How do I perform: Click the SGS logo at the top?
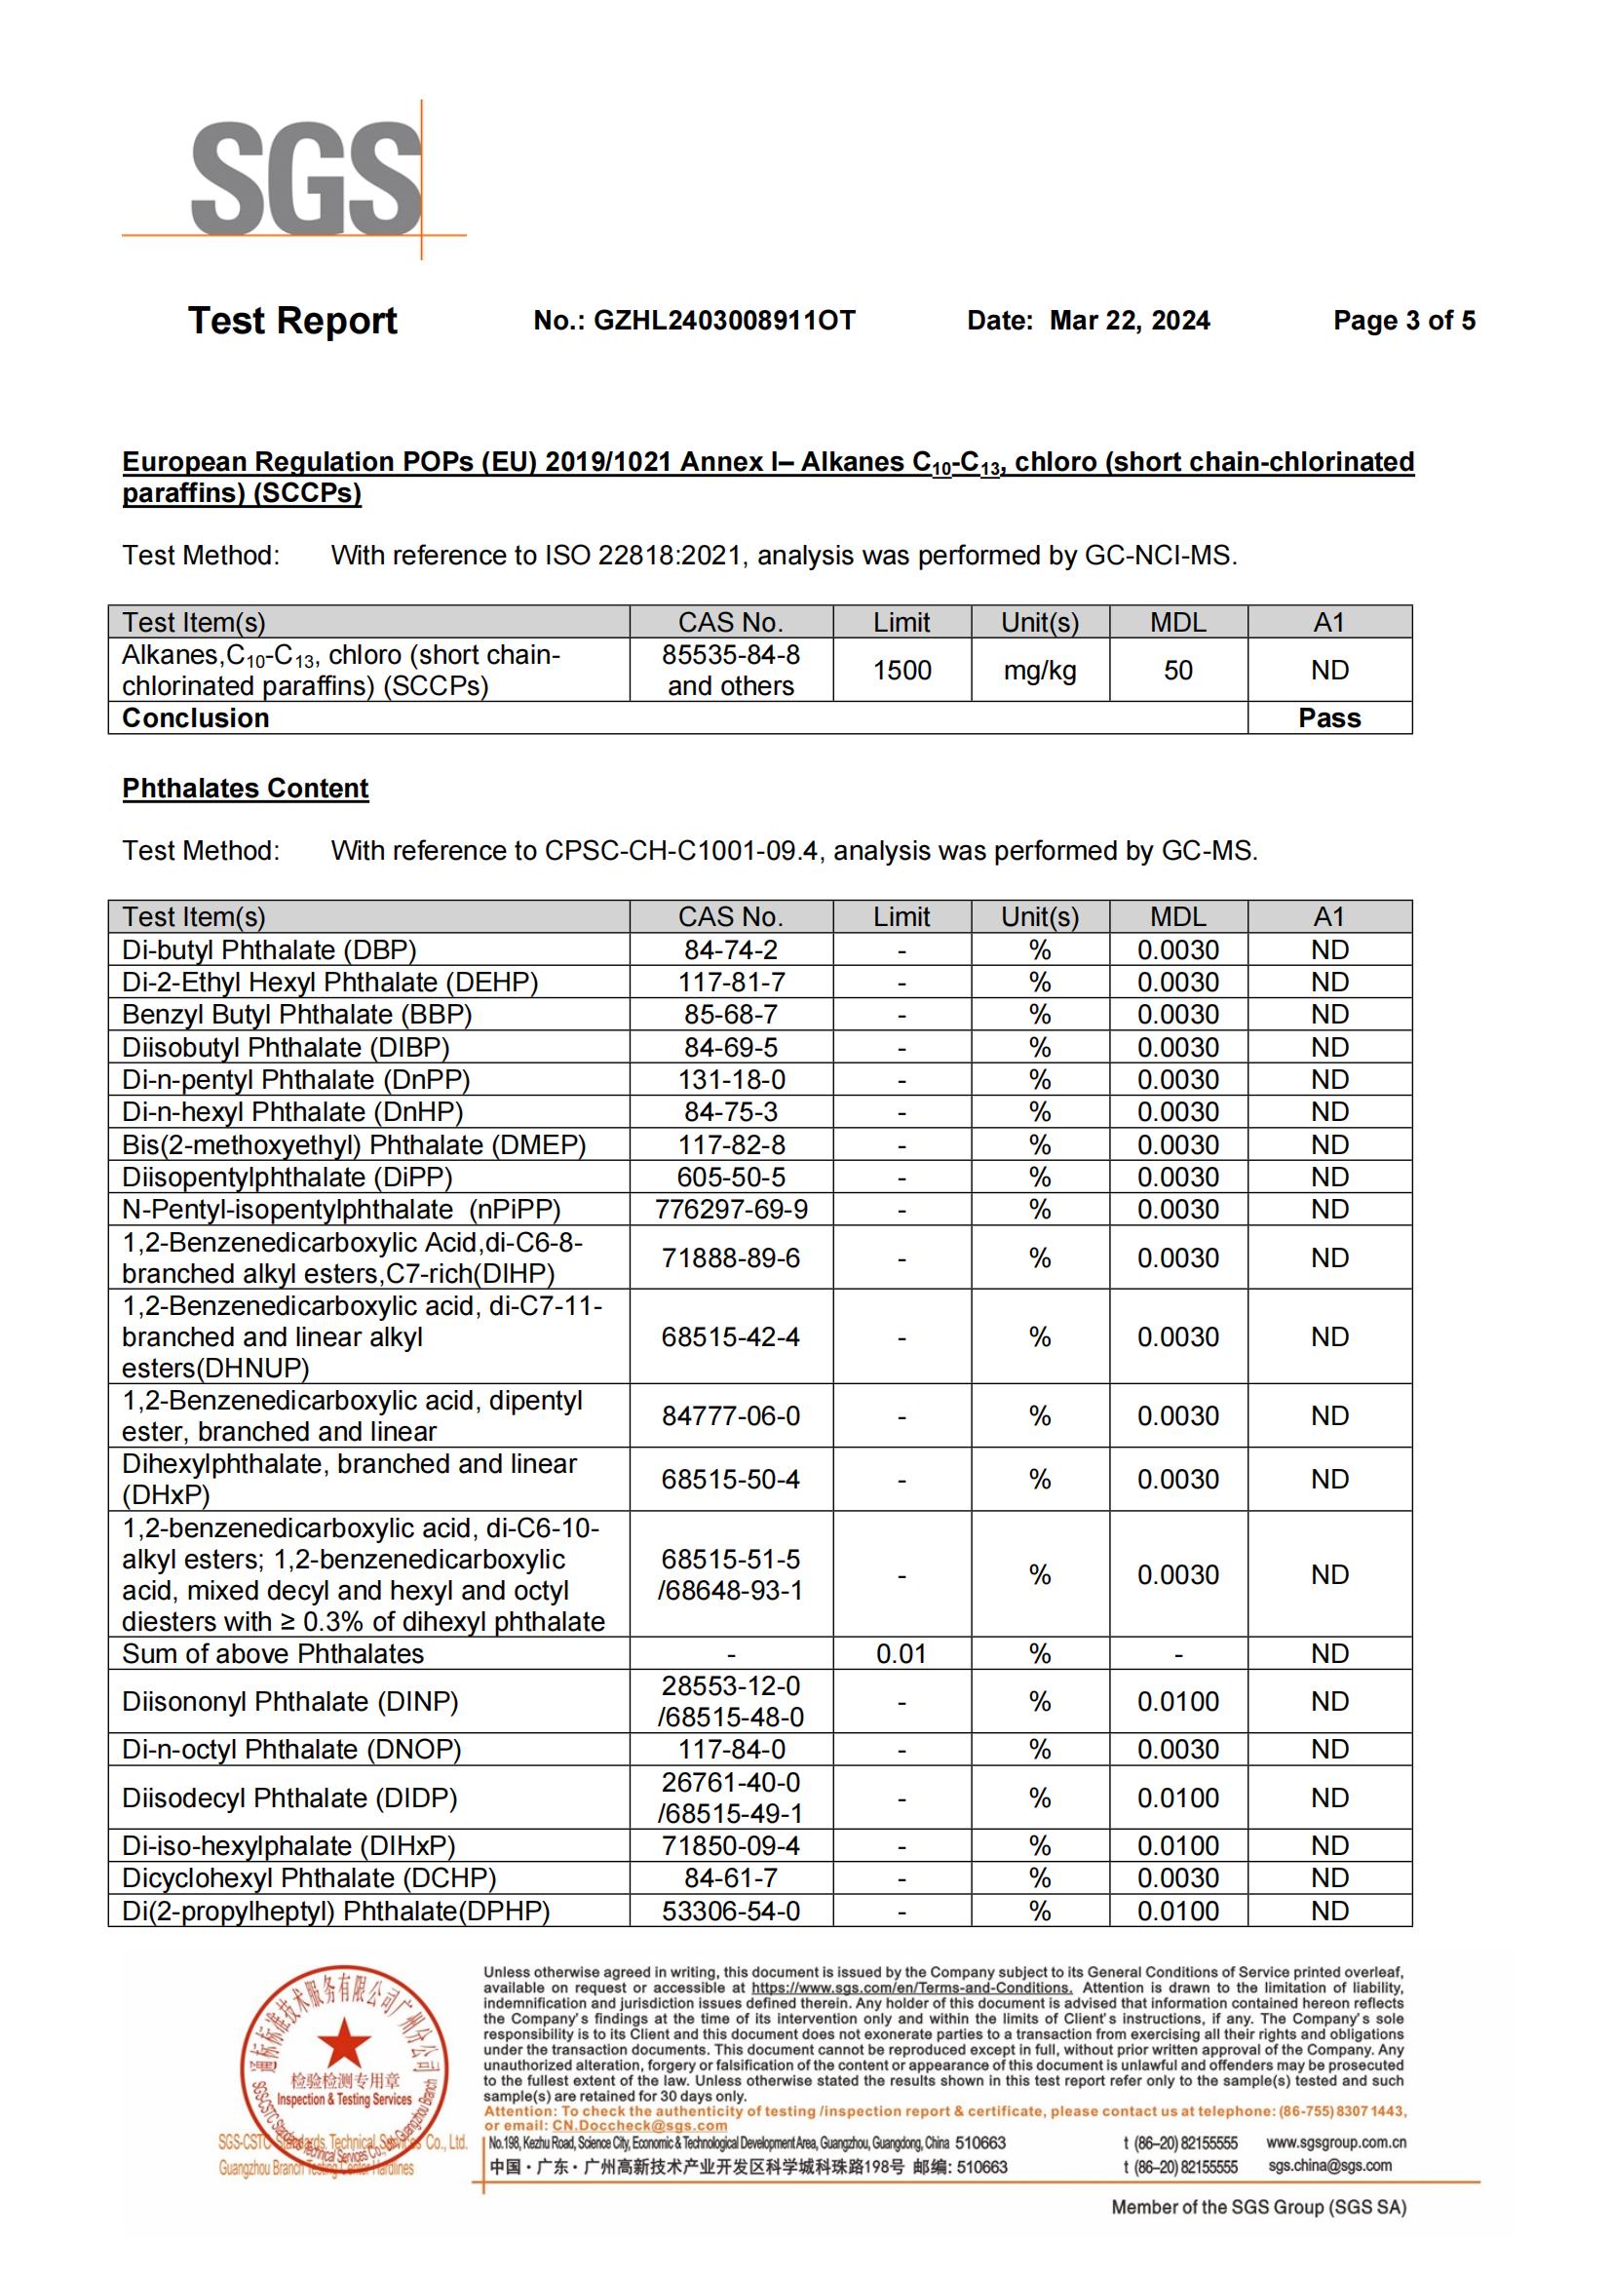(307, 178)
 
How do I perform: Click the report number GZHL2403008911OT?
(723, 321)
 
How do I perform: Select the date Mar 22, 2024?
(1130, 321)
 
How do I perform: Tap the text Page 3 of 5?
(1403, 321)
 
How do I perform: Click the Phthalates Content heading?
(246, 789)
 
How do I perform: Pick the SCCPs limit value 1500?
(902, 671)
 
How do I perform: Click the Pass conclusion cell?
(1329, 718)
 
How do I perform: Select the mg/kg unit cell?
(1039, 671)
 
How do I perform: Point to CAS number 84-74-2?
(731, 950)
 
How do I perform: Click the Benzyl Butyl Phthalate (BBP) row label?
(297, 1015)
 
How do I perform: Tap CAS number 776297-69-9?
(731, 1210)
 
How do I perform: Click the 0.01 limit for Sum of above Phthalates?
(902, 1653)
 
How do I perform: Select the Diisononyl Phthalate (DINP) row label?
(289, 1702)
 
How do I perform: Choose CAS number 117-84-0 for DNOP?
(731, 1750)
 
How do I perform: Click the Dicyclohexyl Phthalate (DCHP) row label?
(309, 1877)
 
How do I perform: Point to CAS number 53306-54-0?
(731, 1911)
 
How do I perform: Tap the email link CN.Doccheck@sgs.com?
(639, 2126)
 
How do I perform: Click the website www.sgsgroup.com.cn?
(1336, 2143)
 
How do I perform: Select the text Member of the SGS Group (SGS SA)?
(1258, 2208)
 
